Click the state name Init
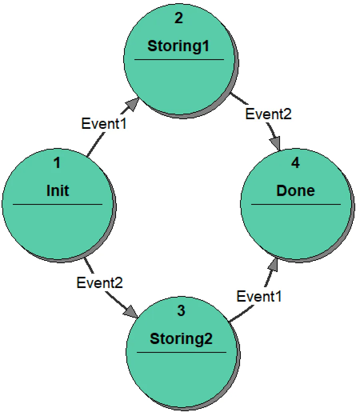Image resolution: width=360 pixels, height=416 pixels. pyautogui.click(x=58, y=190)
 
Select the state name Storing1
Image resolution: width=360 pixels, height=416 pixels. pyautogui.click(x=178, y=46)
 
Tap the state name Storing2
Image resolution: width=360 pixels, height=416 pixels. pyautogui.click(x=181, y=339)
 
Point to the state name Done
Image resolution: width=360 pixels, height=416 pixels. pyautogui.click(x=296, y=190)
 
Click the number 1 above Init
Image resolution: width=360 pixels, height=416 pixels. pyautogui.click(x=57, y=163)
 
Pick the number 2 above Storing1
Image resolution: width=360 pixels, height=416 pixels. pyautogui.click(x=178, y=18)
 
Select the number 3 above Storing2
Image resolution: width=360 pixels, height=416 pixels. pyautogui.click(x=181, y=311)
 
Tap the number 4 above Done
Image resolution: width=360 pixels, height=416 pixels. pyautogui.click(x=295, y=163)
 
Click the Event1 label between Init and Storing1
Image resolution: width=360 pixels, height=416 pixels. pyautogui.click(x=104, y=123)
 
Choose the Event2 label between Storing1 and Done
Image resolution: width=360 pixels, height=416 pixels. pyautogui.click(x=268, y=114)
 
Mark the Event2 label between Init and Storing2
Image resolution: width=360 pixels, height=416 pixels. pyautogui.click(x=100, y=283)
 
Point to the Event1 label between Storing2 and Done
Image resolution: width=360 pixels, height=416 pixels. pyautogui.click(x=259, y=296)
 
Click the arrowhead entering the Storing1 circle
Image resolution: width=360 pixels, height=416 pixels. pyautogui.click(x=132, y=106)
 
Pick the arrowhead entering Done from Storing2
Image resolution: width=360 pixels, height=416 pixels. pyautogui.click(x=273, y=264)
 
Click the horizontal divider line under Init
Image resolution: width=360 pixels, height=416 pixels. pyautogui.click(x=58, y=204)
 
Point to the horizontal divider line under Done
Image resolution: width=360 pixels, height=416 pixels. pyautogui.click(x=296, y=204)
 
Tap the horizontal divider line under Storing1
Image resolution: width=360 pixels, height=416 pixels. pyautogui.click(x=179, y=60)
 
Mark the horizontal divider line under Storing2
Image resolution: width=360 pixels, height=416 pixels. pyautogui.click(x=181, y=352)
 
